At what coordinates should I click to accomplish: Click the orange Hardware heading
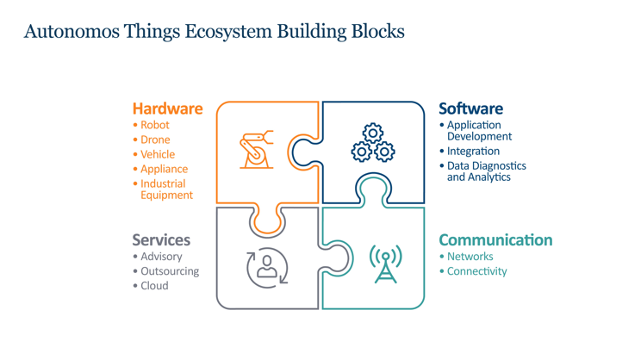[167, 109]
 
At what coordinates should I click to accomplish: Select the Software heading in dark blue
[470, 109]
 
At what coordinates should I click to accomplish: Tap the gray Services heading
[161, 239]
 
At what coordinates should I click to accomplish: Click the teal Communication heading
[495, 239]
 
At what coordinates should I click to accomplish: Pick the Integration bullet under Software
[473, 151]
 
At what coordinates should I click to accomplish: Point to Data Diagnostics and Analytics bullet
[486, 171]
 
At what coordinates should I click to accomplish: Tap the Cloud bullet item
[154, 286]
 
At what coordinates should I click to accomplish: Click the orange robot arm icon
[256, 150]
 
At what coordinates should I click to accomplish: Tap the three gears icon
[372, 144]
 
